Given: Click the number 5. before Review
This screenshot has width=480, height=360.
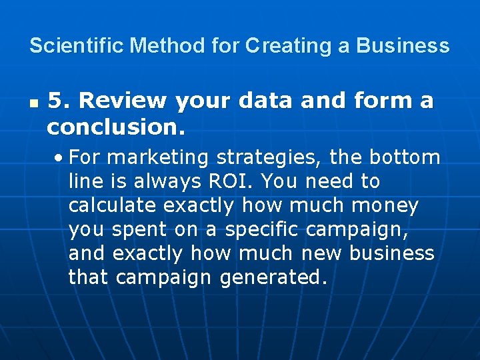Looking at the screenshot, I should point(58,101).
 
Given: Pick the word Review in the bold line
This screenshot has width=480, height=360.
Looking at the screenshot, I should point(120,101).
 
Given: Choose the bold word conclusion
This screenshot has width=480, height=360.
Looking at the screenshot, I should point(116,126).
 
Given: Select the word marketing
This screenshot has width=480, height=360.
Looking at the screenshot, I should point(158,157).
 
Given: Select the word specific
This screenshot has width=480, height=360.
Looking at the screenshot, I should point(263,229).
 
